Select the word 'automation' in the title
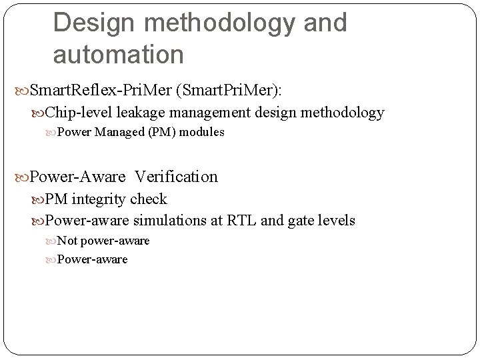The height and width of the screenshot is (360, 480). (x=118, y=54)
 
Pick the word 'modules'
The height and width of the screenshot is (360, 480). (x=203, y=132)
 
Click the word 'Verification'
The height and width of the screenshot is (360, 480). (x=176, y=177)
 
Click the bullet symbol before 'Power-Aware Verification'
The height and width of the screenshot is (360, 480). (x=21, y=177)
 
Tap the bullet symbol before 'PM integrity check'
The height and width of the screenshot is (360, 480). (x=38, y=199)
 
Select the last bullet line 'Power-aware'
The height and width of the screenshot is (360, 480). (x=92, y=259)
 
